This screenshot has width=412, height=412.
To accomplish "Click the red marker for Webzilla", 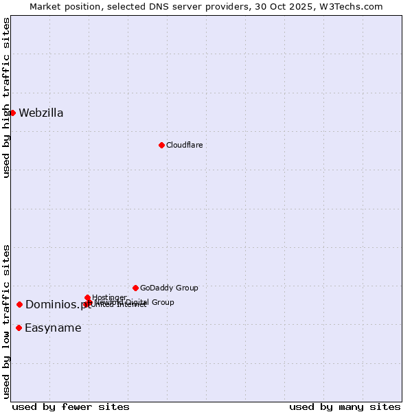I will pos(12,113).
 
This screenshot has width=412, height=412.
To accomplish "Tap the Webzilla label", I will pos(41,113).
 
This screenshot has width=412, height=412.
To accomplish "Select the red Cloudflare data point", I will pos(161,145).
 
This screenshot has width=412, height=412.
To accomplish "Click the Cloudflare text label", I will pos(184,145).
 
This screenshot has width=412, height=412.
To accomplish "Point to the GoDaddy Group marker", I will pos(135,288).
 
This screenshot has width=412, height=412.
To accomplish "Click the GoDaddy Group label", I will pos(169,288).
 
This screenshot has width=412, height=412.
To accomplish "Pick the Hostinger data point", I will pos(87,297).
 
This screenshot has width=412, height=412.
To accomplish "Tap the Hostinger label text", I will pos(109,297).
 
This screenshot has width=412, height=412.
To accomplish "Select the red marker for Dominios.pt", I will pos(20,304).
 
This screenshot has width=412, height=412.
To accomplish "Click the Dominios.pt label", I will pos(58,305).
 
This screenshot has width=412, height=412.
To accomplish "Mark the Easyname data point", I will pos(19,328).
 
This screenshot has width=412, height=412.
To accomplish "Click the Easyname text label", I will pos(53,328).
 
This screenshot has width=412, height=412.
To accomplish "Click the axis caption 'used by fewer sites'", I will pos(71,407).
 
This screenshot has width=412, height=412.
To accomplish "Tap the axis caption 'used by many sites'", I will pos(345,407).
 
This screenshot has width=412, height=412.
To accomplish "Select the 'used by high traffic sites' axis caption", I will pos(7,98).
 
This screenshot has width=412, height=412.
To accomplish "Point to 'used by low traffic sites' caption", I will pos(7,321).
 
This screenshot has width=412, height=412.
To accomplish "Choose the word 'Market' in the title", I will pos(47,6).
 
